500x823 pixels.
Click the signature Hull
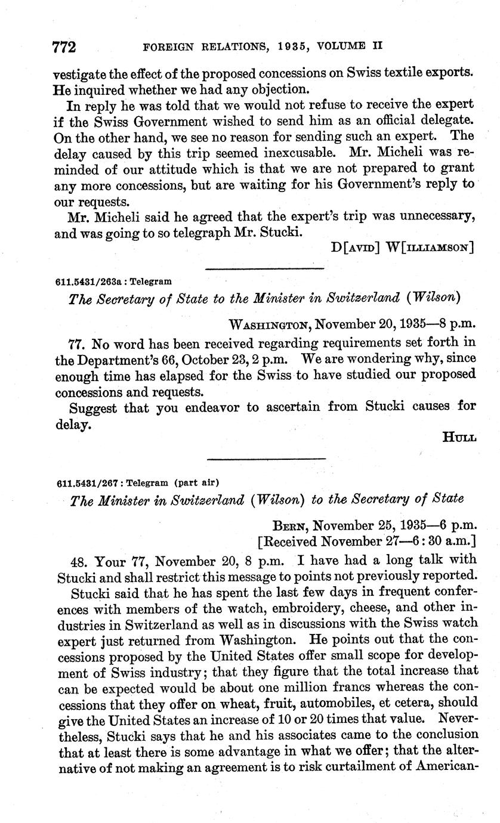[459, 438]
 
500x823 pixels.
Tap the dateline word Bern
[290, 527]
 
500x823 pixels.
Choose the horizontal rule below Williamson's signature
[264, 269]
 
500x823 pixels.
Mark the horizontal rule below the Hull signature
[266, 459]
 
